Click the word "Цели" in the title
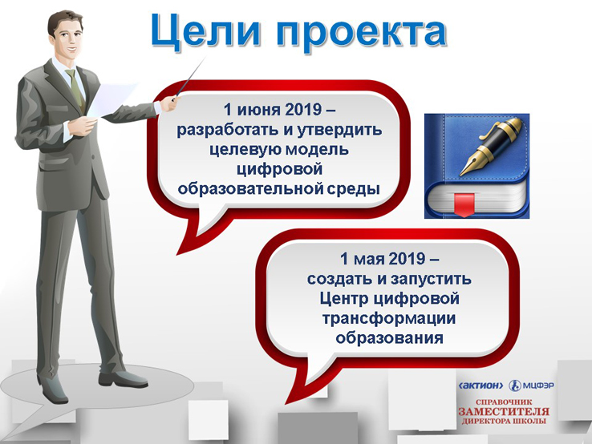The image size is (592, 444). coord(206,31)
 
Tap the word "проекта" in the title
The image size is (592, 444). coord(361,32)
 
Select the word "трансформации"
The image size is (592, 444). coord(389,319)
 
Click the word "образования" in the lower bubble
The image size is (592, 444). coord(389,337)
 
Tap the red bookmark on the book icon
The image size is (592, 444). coord(464,205)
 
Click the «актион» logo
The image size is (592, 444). coord(480,385)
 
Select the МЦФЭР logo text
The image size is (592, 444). coord(538,385)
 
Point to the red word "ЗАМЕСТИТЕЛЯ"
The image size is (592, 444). coord(504,412)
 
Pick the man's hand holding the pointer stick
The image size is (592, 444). coord(168,103)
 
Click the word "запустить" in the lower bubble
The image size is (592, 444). coord(431,280)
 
